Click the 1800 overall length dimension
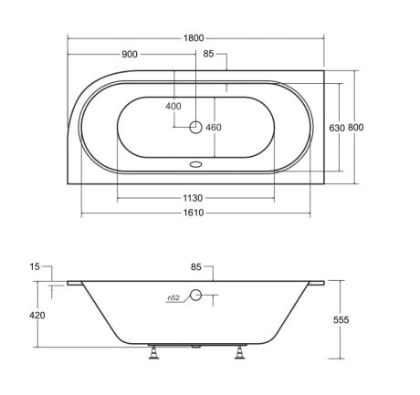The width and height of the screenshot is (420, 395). click(x=194, y=38)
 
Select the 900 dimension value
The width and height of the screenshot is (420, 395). click(x=130, y=55)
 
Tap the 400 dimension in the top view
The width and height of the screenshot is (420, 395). click(x=173, y=106)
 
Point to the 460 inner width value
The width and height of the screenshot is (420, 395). click(x=214, y=128)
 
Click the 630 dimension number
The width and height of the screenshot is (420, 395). click(x=337, y=128)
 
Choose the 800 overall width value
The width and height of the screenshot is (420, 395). click(x=355, y=127)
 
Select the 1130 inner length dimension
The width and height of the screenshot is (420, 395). click(x=193, y=198)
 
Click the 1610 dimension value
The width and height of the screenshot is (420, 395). click(x=194, y=213)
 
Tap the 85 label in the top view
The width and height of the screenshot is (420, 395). click(x=208, y=54)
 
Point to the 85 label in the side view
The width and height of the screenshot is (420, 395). click(x=196, y=267)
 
